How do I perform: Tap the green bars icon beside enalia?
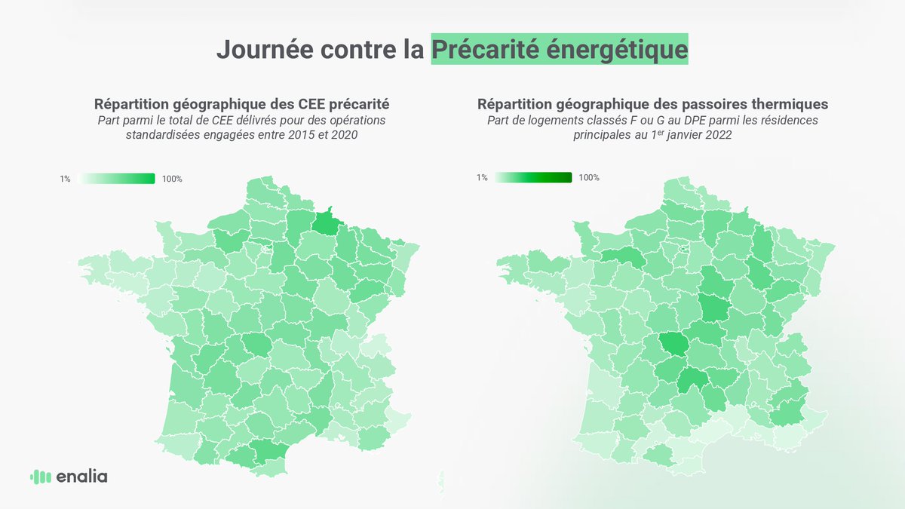tap(40, 477)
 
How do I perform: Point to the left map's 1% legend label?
tap(66, 179)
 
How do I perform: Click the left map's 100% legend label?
tap(172, 179)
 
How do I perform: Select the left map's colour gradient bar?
tap(116, 179)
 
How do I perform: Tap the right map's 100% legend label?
tap(589, 178)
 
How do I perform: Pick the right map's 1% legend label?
tap(482, 178)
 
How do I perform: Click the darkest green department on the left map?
tap(326, 222)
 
